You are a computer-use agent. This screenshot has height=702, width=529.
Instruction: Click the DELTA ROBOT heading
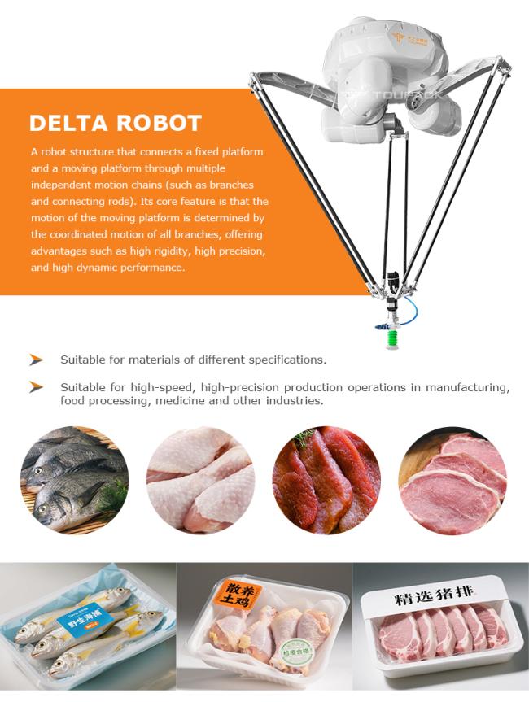(x=115, y=123)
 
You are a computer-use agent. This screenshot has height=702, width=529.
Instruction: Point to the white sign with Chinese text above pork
(x=440, y=600)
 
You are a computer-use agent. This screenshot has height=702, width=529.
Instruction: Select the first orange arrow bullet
(x=36, y=359)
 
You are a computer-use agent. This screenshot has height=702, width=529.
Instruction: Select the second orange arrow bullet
(x=36, y=387)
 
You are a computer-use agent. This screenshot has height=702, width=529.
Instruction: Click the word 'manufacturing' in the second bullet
(x=468, y=387)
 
